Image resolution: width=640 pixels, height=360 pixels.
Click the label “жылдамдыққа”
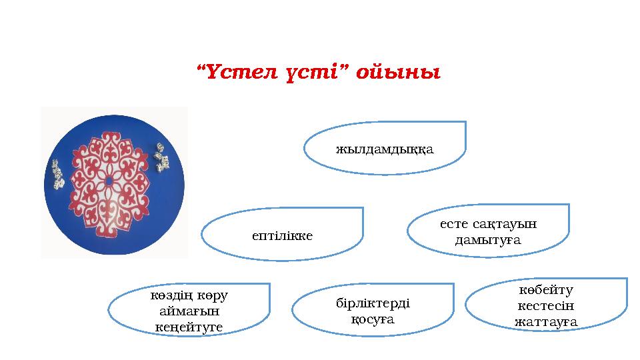click(385, 149)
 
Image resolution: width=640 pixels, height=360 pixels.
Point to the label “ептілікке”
click(283, 235)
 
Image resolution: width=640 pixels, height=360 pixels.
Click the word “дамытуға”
click(487, 239)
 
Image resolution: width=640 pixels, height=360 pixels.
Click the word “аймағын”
click(189, 311)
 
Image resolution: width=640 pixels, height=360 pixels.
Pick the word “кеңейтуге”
click(189, 327)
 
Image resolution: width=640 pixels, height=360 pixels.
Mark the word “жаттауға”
click(546, 322)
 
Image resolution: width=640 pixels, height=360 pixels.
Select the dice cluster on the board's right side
click(161, 156)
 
